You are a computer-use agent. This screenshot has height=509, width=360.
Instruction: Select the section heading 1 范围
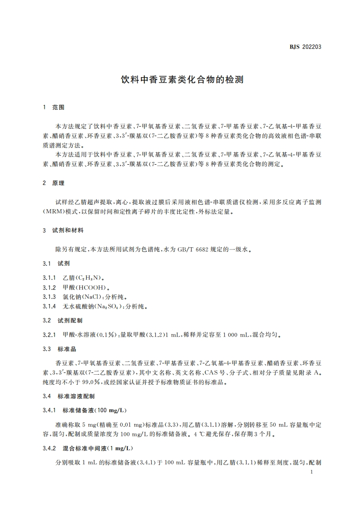[53, 108]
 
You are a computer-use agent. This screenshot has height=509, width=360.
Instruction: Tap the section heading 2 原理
[53, 183]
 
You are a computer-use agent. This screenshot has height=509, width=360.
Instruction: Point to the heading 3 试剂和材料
[63, 230]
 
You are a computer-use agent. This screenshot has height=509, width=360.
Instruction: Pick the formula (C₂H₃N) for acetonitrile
[89, 277]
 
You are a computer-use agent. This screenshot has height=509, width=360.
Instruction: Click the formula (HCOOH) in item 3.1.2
[92, 287]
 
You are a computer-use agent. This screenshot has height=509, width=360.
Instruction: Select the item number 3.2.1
[49, 335]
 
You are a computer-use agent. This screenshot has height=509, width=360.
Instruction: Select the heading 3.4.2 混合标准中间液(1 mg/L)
[88, 448]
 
